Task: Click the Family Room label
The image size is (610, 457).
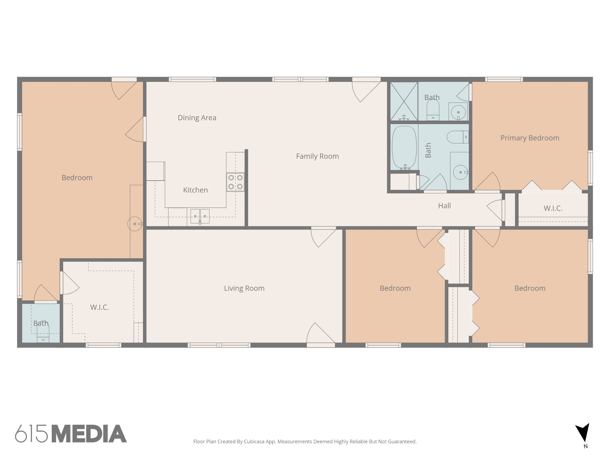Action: coord(317,156)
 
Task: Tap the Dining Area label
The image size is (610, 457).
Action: coord(197,118)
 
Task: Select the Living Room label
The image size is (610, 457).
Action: coord(244,288)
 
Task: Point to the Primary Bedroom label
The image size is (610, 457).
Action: coord(530,138)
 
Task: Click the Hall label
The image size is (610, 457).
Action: coord(444,206)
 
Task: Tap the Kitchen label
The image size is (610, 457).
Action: coord(195,190)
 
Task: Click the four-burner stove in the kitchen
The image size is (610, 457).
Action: coord(235,182)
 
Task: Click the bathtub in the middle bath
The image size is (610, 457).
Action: coord(404,148)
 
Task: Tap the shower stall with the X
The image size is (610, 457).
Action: coord(404,101)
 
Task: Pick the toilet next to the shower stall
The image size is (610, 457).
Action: coord(433,109)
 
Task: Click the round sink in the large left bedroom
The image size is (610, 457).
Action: coord(135,224)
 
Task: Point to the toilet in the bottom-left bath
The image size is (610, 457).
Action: coord(43,333)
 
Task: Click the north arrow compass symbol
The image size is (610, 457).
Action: coord(583,433)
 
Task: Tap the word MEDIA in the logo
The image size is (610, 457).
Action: coord(89,433)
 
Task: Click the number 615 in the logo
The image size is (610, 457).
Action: coord(31,433)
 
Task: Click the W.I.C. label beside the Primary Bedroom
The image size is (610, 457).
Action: coord(553,208)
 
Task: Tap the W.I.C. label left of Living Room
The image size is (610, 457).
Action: coord(99,307)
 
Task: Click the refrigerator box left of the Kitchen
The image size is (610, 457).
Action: coord(155,171)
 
